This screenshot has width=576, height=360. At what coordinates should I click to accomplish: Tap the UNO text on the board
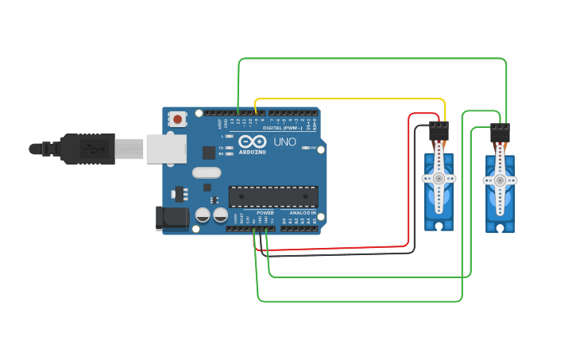pos(284,141)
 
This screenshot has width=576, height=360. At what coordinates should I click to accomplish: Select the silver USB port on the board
pos(167,149)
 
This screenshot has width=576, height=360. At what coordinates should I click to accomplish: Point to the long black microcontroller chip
pos(273,196)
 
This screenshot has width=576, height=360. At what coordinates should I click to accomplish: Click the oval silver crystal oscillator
pos(206,172)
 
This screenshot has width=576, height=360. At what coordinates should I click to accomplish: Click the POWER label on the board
pos(265,213)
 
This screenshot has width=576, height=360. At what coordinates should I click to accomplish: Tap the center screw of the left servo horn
pos(439,179)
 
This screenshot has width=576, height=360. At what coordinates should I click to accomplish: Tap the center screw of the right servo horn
pos(500,180)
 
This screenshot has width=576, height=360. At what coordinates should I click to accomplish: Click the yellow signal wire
pos(350,99)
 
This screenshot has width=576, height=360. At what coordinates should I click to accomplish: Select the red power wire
pos(409,183)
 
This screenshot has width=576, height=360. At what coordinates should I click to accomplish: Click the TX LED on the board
pos(230,148)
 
